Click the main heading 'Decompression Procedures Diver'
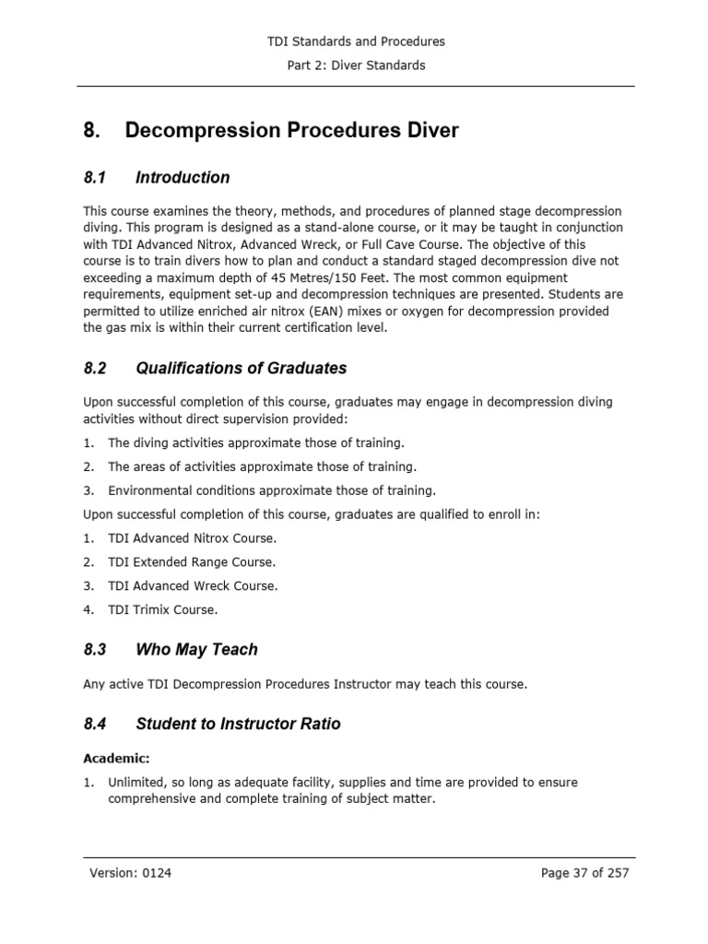[x=291, y=131]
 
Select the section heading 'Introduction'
[x=183, y=177]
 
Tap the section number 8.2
[x=95, y=368]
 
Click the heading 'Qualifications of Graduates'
[x=241, y=368]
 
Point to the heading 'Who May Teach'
[x=196, y=649]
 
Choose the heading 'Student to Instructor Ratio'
[x=238, y=724]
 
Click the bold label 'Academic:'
[x=116, y=759]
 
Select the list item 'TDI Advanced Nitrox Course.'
[x=192, y=537]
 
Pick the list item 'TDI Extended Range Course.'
[x=192, y=561]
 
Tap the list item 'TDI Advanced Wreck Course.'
[x=192, y=585]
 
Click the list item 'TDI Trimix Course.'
[x=163, y=609]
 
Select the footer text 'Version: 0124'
[x=130, y=873]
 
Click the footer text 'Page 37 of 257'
[x=584, y=873]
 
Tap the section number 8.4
[x=95, y=724]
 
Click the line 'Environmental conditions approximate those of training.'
[x=272, y=490]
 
